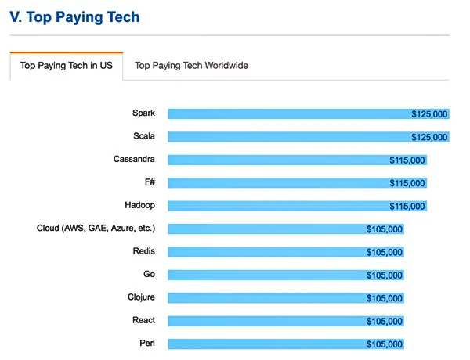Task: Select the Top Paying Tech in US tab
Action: click(x=66, y=66)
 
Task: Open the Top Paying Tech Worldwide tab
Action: click(x=191, y=66)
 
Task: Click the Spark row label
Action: click(x=143, y=113)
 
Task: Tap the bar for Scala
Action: click(x=290, y=137)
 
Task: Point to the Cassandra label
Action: click(x=134, y=160)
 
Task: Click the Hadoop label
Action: click(x=139, y=205)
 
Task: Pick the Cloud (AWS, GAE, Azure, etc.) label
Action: click(x=96, y=229)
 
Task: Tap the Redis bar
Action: click(x=266, y=252)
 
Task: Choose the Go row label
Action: click(x=149, y=274)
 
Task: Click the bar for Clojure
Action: click(x=266, y=297)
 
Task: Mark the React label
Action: click(x=143, y=320)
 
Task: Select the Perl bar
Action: click(x=266, y=344)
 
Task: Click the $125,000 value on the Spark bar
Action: click(x=429, y=114)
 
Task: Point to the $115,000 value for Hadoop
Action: click(x=407, y=207)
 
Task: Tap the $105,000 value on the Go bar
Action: click(x=385, y=275)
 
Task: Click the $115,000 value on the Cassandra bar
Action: click(x=407, y=160)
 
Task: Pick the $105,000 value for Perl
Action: click(x=385, y=344)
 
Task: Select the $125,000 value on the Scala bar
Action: click(x=429, y=138)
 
